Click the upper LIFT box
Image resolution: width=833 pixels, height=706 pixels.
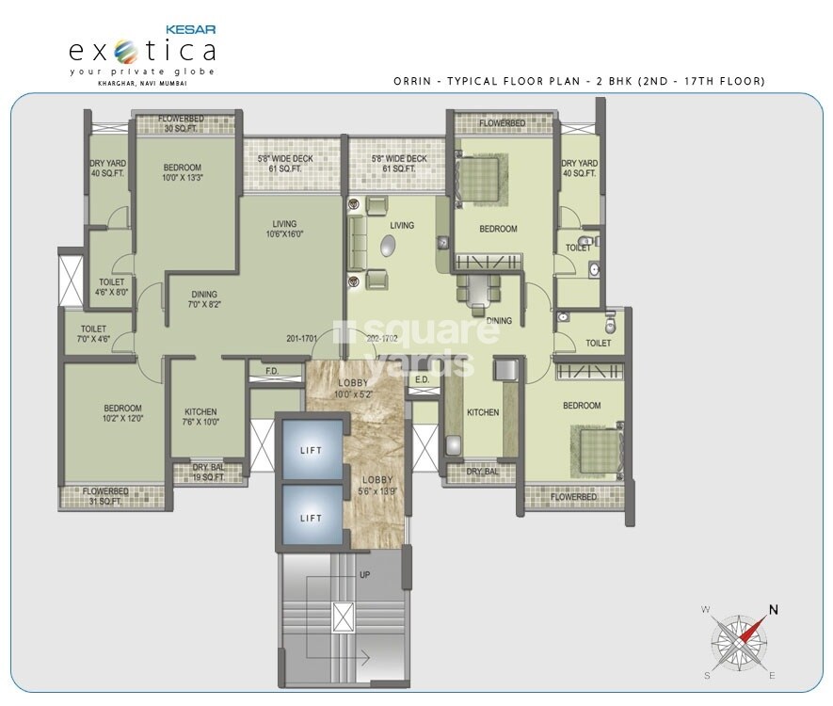(x=311, y=450)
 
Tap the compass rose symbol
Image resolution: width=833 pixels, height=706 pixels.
(x=740, y=640)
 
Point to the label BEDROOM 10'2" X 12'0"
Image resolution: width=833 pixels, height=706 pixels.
(x=122, y=413)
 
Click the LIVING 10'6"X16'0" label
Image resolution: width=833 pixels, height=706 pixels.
(x=284, y=229)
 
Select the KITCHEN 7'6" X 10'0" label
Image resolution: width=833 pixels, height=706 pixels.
(x=200, y=417)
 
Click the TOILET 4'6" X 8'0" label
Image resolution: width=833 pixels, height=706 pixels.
(x=112, y=287)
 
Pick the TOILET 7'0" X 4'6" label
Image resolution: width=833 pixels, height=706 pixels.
(x=93, y=334)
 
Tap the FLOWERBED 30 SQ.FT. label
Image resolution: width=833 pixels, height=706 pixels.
(x=182, y=123)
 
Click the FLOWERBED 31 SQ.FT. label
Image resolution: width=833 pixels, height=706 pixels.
(x=104, y=496)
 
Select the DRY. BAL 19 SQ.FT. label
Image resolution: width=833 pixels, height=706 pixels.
(x=207, y=473)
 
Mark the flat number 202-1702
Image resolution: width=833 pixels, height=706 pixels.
(x=384, y=339)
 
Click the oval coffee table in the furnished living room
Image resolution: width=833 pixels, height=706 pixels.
(x=388, y=247)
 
